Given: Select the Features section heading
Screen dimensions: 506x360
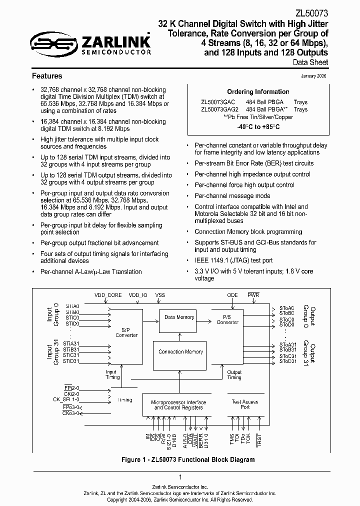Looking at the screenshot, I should [47, 76].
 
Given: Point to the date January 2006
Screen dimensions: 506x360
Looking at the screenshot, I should [314, 76].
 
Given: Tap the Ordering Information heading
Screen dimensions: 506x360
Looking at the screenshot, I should [258, 92].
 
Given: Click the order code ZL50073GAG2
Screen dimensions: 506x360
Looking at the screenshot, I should [220, 109].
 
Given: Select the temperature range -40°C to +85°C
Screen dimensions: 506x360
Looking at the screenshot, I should [258, 127].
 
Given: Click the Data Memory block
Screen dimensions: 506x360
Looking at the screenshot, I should [179, 317].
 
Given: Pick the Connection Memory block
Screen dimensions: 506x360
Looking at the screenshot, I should [180, 351].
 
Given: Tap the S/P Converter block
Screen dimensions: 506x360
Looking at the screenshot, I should [126, 332].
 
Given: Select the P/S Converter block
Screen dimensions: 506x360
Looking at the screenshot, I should [227, 319].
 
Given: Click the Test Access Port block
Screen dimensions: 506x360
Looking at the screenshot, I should [245, 404].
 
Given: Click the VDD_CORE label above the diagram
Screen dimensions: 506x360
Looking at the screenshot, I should [107, 295].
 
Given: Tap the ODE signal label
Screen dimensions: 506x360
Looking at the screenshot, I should [232, 295].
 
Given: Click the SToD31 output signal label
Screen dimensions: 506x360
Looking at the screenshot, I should [287, 361].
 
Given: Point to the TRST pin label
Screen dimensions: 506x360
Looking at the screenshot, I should [258, 439].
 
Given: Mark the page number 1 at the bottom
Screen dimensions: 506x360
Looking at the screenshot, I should [179, 477].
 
